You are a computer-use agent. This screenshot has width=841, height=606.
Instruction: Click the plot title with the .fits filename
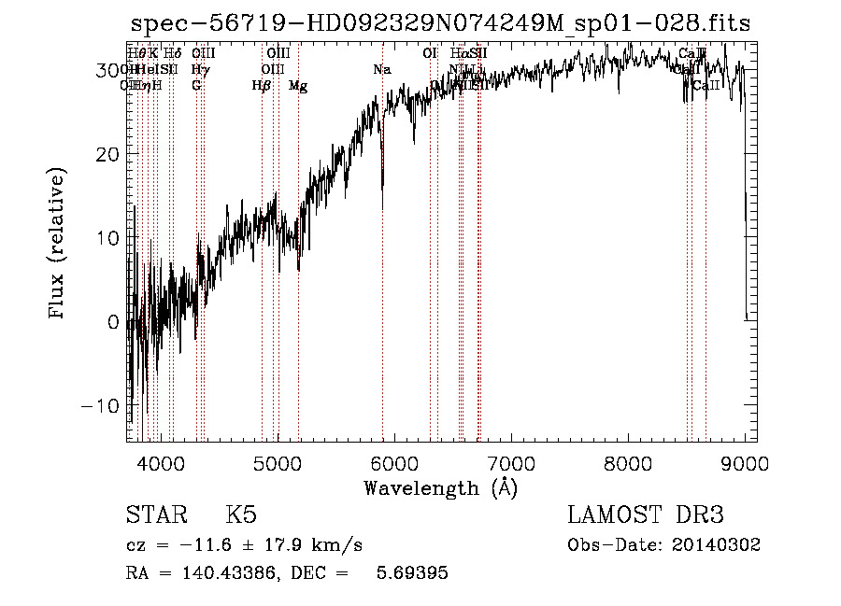point(440,24)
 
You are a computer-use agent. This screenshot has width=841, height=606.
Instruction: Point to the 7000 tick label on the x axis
point(510,463)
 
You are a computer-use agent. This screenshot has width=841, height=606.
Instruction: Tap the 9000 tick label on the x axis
point(744,463)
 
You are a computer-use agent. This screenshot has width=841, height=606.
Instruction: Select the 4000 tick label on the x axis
point(161,463)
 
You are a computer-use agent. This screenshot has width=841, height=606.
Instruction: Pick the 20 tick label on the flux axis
point(107,154)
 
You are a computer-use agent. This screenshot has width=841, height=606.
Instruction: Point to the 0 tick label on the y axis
point(113,322)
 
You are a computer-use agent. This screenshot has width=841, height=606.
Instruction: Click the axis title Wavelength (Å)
point(440,487)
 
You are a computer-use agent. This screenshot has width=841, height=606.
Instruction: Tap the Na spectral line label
point(381,69)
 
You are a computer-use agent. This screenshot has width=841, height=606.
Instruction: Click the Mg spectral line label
point(298,86)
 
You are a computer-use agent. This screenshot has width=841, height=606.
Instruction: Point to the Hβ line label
point(262,86)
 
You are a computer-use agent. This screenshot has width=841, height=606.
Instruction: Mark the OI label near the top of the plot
point(430,53)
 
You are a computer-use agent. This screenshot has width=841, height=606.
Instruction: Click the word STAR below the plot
point(155,516)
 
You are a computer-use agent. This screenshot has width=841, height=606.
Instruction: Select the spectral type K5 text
point(241,516)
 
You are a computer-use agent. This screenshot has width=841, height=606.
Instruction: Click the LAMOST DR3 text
point(645,516)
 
